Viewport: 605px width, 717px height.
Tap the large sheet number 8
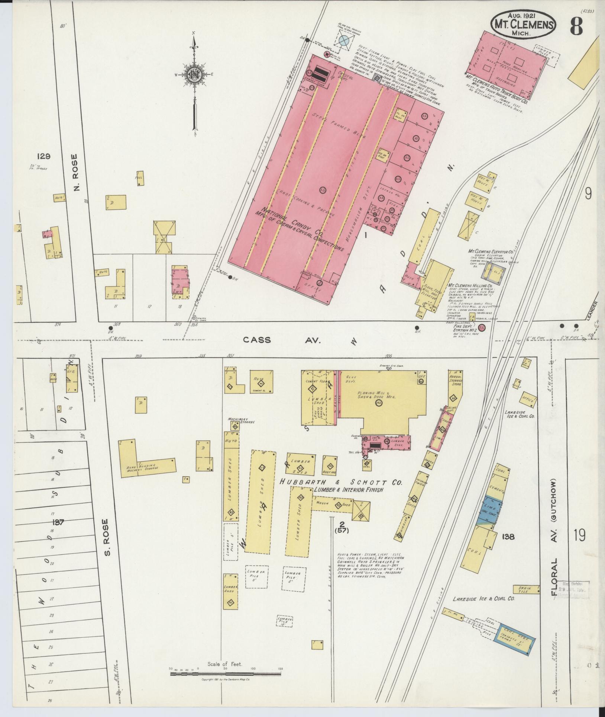tap(576, 26)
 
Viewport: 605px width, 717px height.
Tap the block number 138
tap(508, 537)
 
